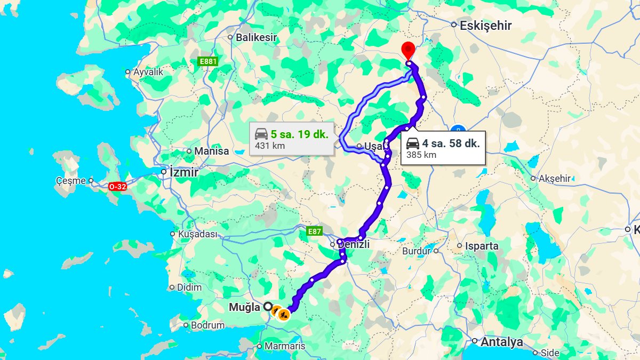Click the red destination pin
(x=408, y=49)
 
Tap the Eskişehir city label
(x=486, y=25)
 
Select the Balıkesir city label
(x=257, y=37)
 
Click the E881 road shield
(x=208, y=62)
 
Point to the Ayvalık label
(x=148, y=71)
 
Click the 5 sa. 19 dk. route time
(x=299, y=134)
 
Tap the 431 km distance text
(x=270, y=146)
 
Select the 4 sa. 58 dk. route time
(x=451, y=143)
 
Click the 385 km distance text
(x=421, y=155)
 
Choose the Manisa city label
(x=211, y=151)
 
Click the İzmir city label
(x=183, y=173)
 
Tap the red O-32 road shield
(x=117, y=187)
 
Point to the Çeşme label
(x=71, y=181)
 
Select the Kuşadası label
(x=198, y=234)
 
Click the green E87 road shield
(x=315, y=231)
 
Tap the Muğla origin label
(x=244, y=307)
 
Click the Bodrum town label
(x=207, y=325)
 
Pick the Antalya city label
(x=502, y=342)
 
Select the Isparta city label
(x=482, y=246)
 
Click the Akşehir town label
(x=555, y=179)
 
